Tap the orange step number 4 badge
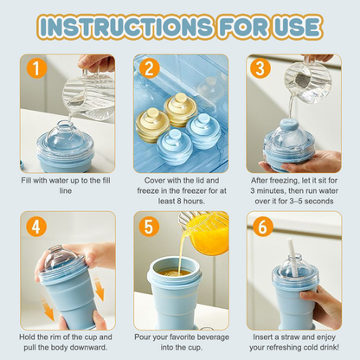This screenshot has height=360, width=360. pyautogui.click(x=36, y=227)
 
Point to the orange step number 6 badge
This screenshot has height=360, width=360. pyautogui.click(x=260, y=227)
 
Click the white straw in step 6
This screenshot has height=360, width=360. pyautogui.click(x=305, y=241)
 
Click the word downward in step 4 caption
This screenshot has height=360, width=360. pyautogui.click(x=88, y=348)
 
